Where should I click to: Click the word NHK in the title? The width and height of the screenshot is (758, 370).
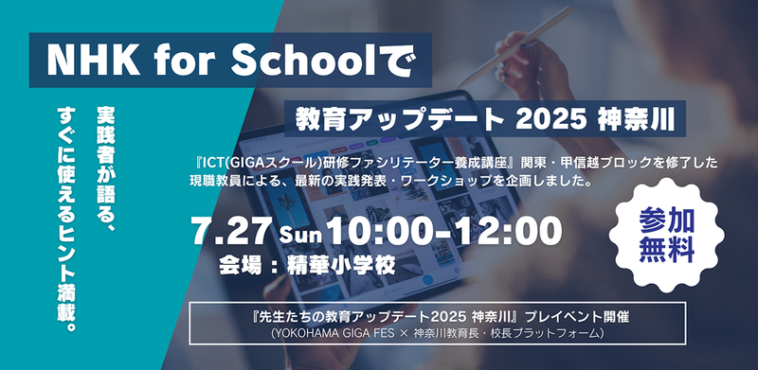click(x=86, y=63)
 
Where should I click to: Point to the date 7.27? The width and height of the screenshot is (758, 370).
click(x=231, y=231)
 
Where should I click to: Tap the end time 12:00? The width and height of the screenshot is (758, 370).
click(x=502, y=231)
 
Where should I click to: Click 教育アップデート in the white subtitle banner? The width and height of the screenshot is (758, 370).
click(x=401, y=122)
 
